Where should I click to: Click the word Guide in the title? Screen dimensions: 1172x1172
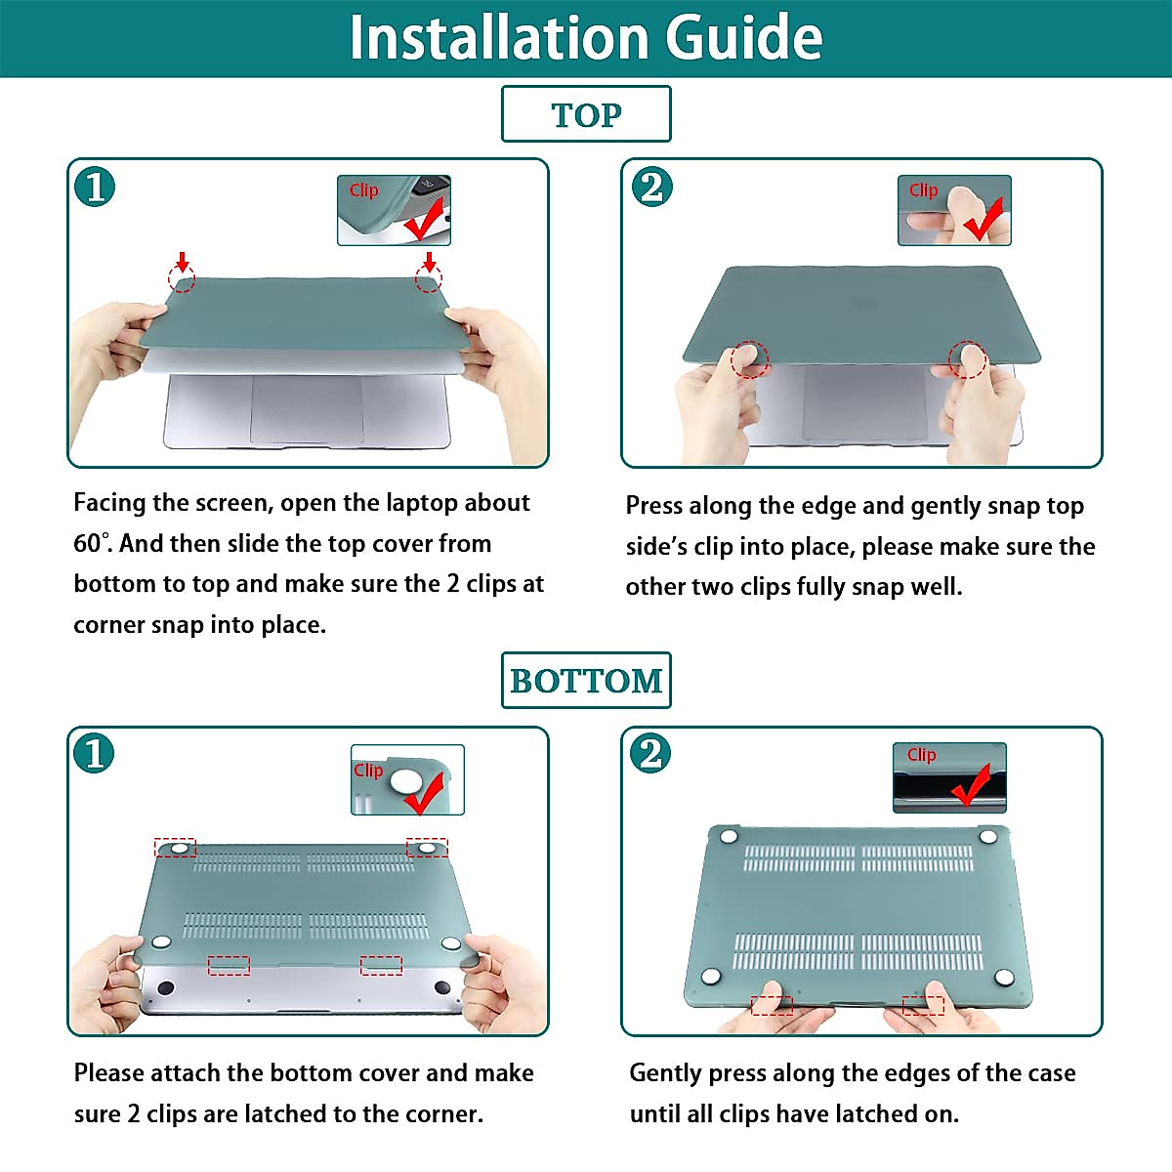[x=744, y=38]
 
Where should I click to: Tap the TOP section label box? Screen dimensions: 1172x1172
[x=586, y=113]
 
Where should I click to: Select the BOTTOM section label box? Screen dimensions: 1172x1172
[x=586, y=680]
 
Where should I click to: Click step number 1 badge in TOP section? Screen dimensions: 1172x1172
[x=95, y=187]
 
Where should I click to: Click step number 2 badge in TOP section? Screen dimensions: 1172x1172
[x=652, y=187]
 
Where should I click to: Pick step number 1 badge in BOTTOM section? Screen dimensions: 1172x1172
[x=94, y=753]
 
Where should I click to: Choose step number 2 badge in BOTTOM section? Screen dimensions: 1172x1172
[x=650, y=753]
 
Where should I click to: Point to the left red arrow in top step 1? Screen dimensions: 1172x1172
[x=182, y=262]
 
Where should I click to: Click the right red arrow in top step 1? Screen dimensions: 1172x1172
[x=430, y=262]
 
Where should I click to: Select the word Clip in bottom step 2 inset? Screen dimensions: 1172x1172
[x=921, y=755]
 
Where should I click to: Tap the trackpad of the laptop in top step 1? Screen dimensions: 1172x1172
[x=307, y=408]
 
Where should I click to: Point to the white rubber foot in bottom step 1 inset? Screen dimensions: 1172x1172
[x=403, y=781]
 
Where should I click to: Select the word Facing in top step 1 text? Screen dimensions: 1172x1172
[x=108, y=504]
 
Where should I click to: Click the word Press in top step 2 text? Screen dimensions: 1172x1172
[x=653, y=505]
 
